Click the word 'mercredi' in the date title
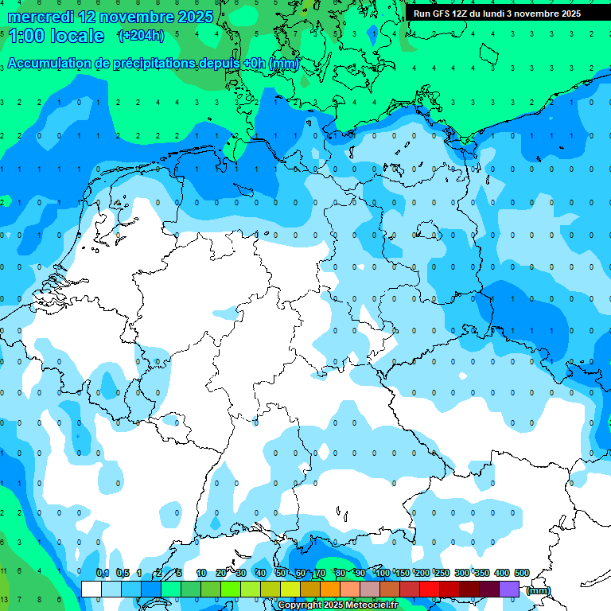(x=40, y=17)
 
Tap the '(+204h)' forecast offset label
(x=141, y=36)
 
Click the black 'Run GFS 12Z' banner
(x=497, y=14)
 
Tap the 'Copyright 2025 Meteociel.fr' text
(x=338, y=605)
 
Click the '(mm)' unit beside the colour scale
(x=539, y=590)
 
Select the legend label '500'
(x=521, y=573)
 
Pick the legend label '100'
(x=383, y=573)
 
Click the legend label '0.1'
(x=103, y=573)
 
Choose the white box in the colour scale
(x=91, y=589)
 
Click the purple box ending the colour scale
(x=509, y=589)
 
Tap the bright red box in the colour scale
(x=429, y=589)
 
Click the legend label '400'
(x=501, y=573)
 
